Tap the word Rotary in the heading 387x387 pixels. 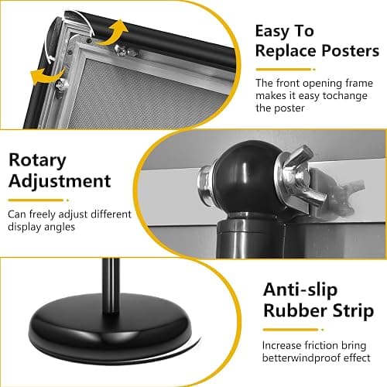[37, 160]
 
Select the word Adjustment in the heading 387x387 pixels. [60, 182]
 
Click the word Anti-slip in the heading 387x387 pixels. [300, 290]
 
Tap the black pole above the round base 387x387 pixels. [111, 285]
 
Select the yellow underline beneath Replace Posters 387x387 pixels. [286, 70]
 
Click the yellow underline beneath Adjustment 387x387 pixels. [39, 200]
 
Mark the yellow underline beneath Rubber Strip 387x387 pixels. [293, 330]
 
